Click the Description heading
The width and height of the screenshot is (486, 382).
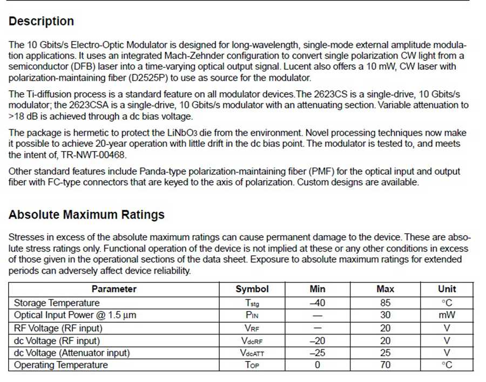coord(41,22)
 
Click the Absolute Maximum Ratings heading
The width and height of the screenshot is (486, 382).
coord(86,214)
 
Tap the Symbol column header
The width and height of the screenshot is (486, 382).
coord(252,289)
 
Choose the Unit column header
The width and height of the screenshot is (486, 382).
coord(447,289)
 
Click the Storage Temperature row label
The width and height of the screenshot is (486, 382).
coord(57,303)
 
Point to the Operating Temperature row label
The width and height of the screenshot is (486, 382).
coord(60,365)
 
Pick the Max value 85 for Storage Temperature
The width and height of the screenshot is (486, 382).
coord(385,303)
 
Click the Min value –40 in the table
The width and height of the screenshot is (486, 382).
coord(317,303)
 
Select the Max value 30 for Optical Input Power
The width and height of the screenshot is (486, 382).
coord(385,315)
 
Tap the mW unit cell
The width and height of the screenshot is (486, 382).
coord(447,315)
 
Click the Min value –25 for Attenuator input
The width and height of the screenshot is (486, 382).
coord(317,353)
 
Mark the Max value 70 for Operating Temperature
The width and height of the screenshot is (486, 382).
coord(385,365)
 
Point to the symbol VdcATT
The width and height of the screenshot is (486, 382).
coord(252,353)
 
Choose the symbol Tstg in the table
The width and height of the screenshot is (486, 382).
coord(252,303)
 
